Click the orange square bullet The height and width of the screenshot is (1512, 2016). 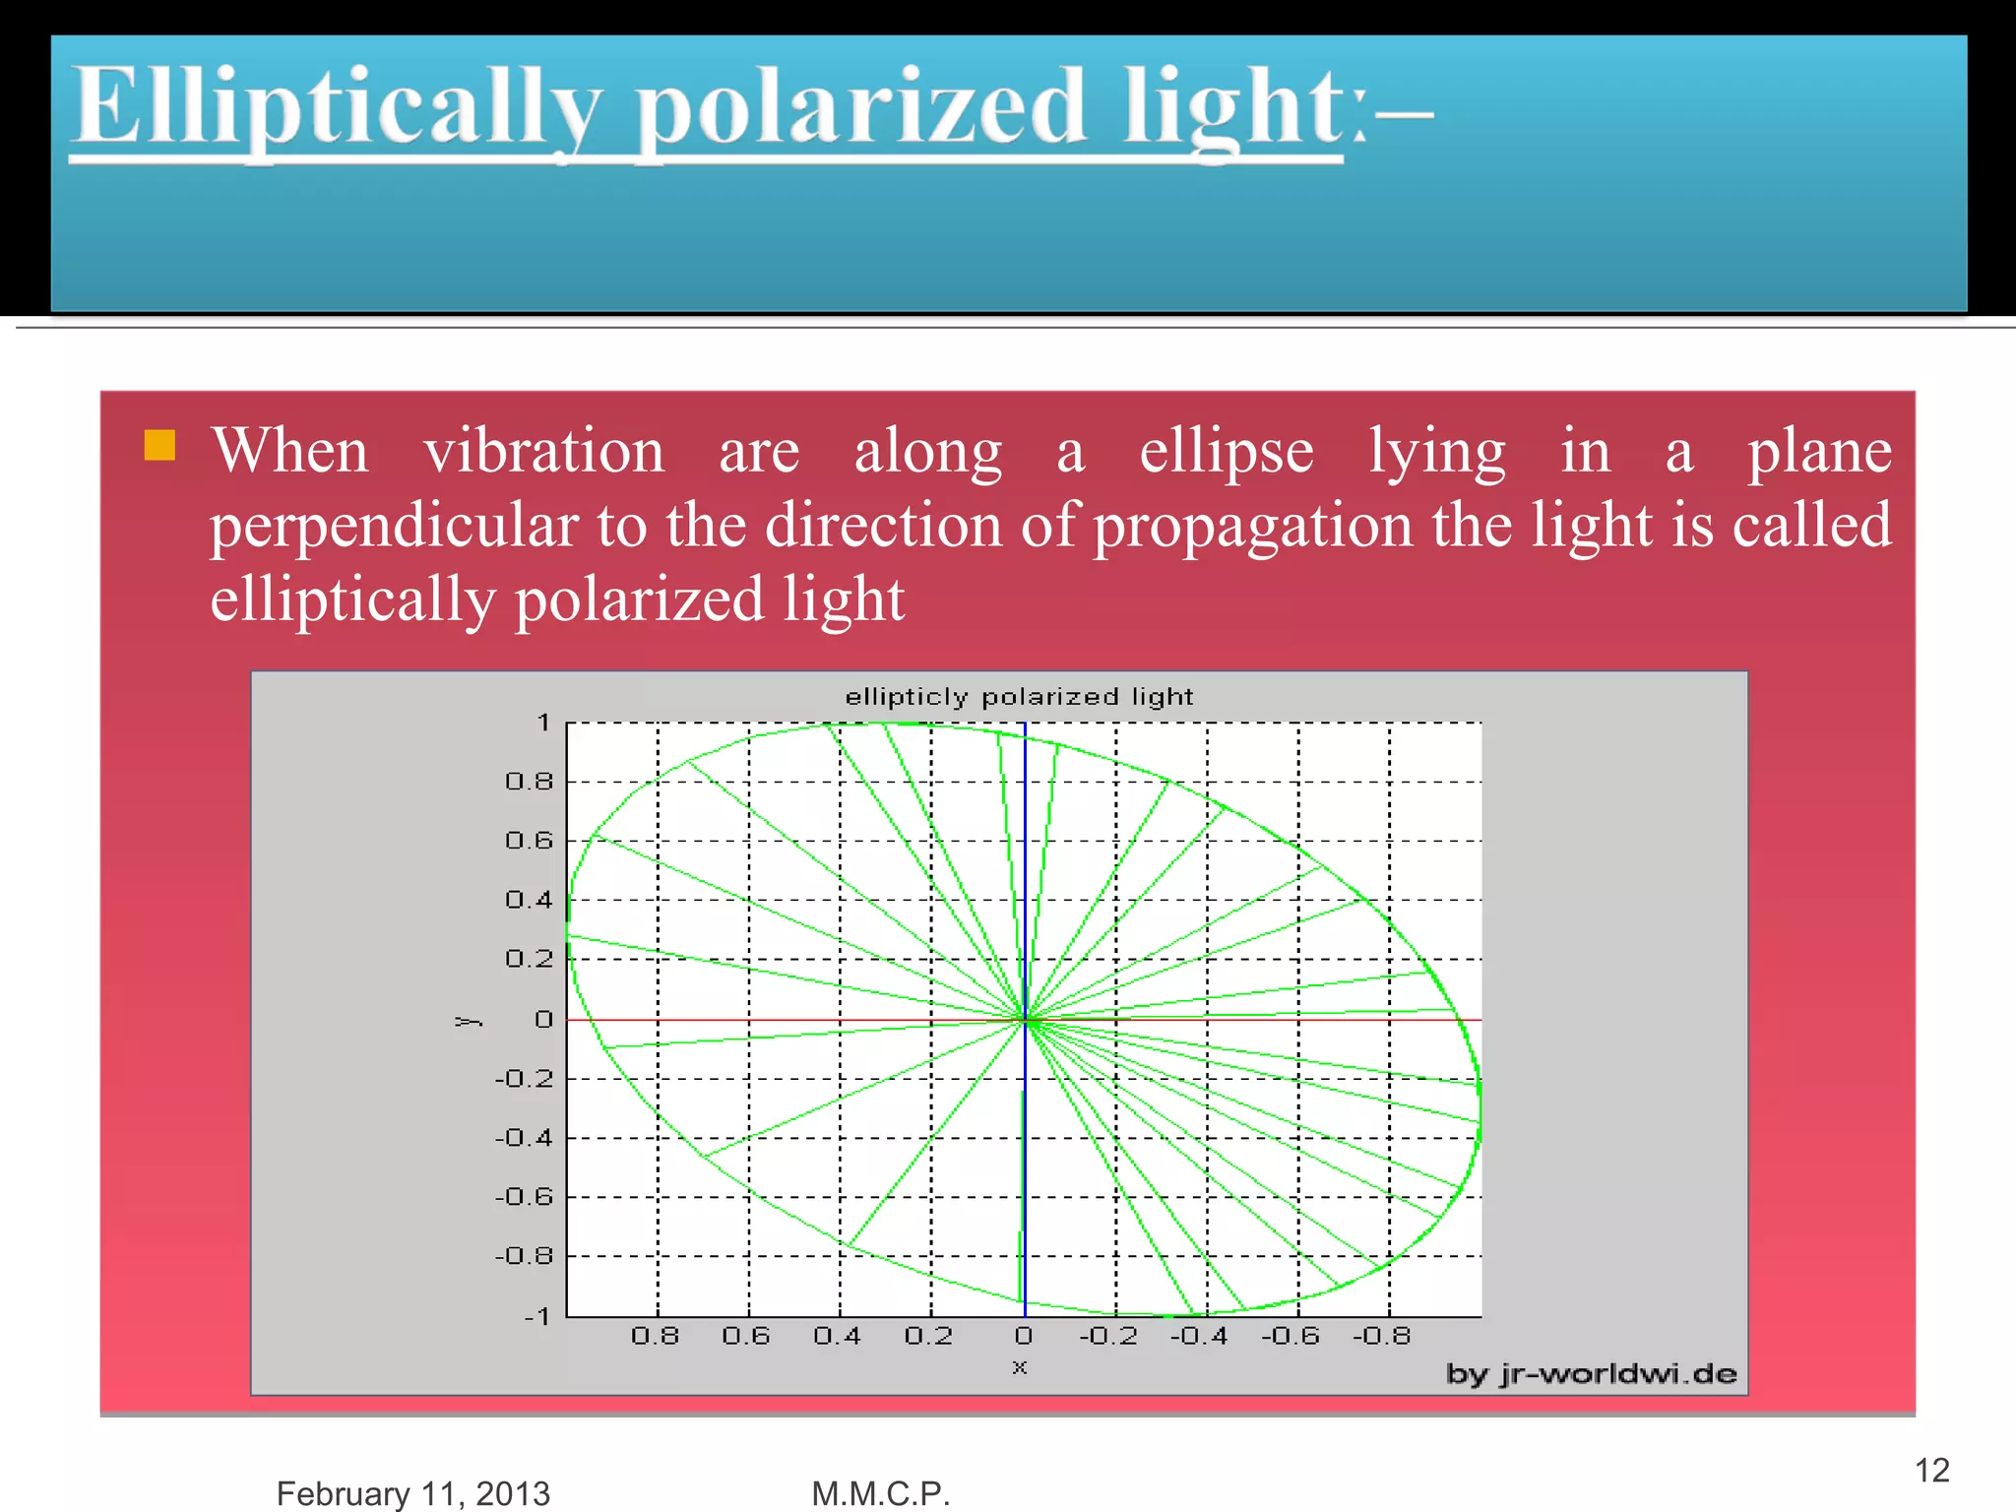159,446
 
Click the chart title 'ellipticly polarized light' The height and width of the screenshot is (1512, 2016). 1019,697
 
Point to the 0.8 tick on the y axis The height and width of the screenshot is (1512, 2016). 530,782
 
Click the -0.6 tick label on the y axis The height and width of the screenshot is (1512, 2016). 524,1197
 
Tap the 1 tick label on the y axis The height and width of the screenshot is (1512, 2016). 543,723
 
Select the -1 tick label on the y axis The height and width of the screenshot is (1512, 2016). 536,1316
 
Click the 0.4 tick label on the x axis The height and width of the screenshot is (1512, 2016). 837,1336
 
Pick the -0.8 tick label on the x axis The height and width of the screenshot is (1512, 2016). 1382,1336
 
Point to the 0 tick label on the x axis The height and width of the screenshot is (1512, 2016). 1024,1336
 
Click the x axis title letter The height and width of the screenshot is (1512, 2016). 1020,1366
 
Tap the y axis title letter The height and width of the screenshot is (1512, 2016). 469,1021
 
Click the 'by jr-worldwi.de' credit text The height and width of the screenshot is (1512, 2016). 1591,1373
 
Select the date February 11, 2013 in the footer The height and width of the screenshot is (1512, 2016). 412,1492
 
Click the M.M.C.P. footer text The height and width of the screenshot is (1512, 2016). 880,1492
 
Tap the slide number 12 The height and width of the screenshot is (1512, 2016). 1931,1470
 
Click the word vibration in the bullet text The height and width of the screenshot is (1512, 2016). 543,452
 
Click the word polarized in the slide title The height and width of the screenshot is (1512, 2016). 860,106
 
